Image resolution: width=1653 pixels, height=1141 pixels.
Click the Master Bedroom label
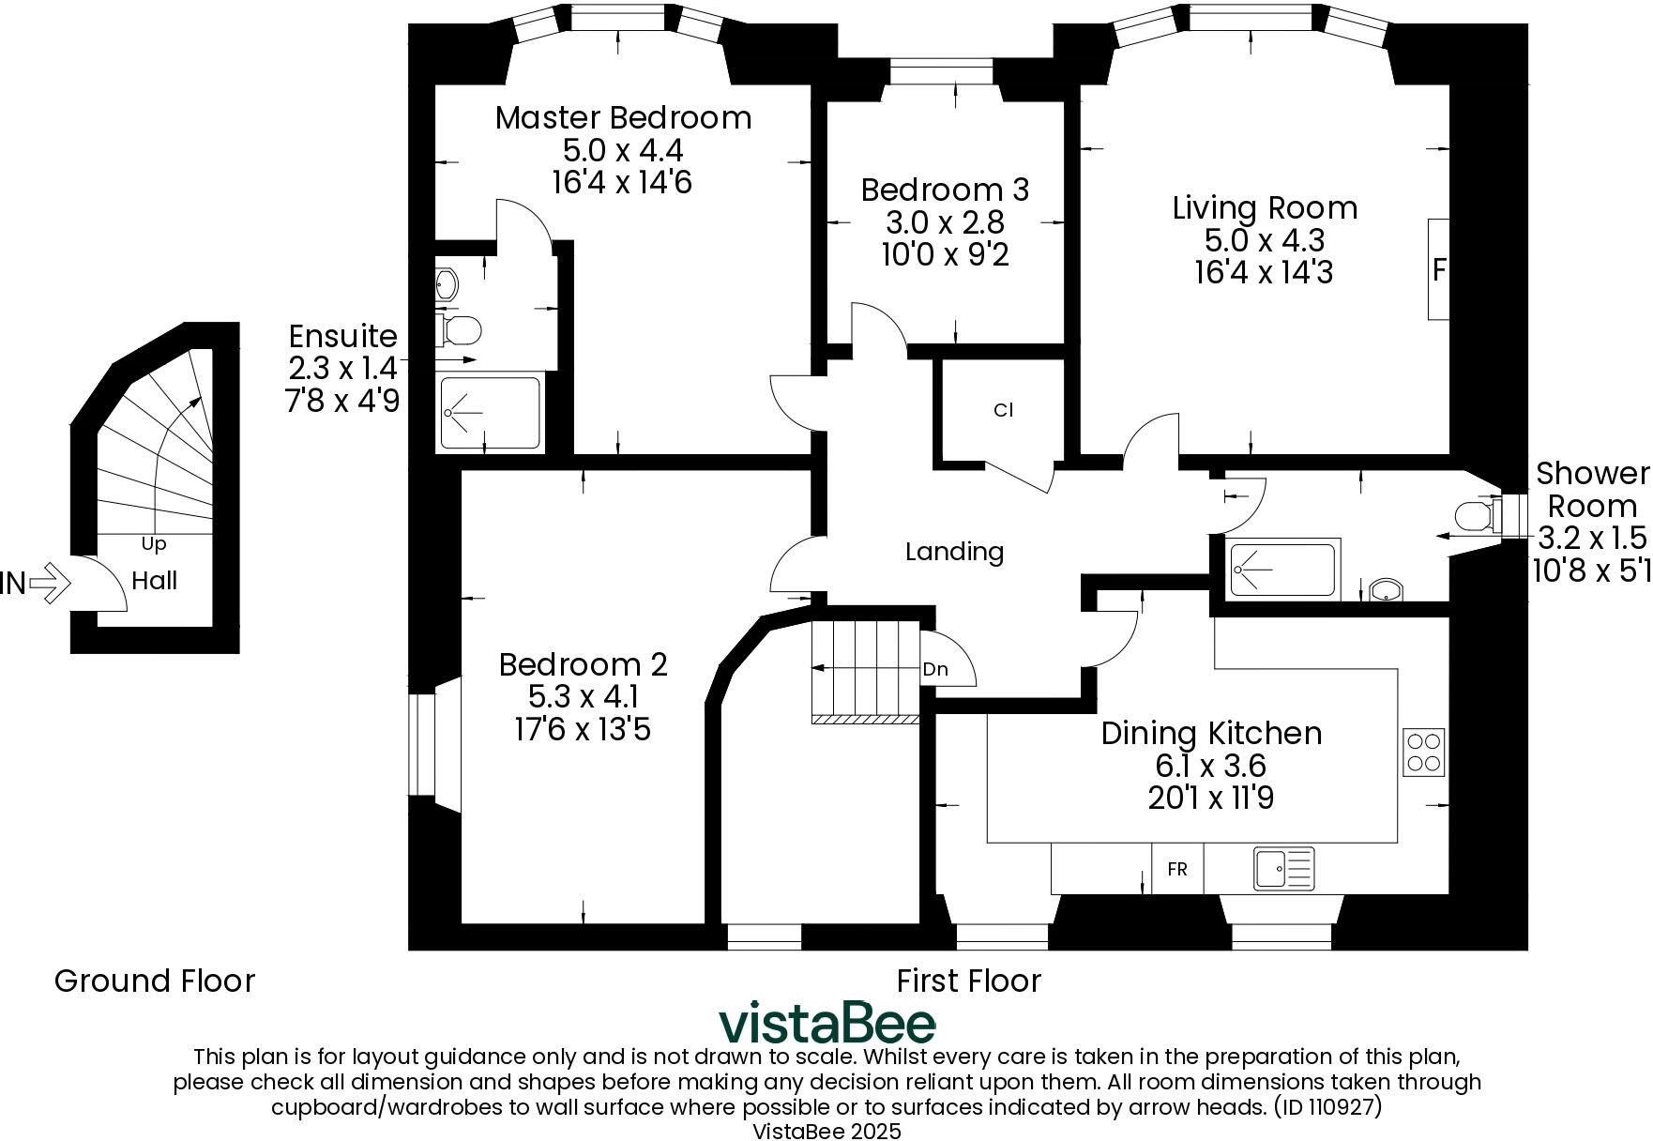pyautogui.click(x=623, y=118)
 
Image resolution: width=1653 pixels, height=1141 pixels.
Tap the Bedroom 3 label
pyautogui.click(x=945, y=190)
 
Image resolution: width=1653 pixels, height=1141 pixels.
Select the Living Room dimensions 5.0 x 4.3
pyautogui.click(x=1264, y=240)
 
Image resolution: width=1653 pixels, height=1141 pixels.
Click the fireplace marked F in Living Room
pyautogui.click(x=1438, y=270)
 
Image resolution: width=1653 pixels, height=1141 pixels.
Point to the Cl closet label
pyautogui.click(x=1003, y=410)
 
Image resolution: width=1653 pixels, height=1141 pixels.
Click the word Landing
pyautogui.click(x=954, y=552)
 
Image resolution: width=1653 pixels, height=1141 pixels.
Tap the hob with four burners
pyautogui.click(x=1423, y=752)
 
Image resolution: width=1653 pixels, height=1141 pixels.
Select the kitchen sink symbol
pyautogui.click(x=1283, y=868)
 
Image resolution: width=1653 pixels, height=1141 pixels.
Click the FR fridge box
pyautogui.click(x=1176, y=869)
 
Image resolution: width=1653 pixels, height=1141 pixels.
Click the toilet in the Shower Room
pyautogui.click(x=1473, y=516)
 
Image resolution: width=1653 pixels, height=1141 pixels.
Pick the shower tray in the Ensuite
pyautogui.click(x=490, y=413)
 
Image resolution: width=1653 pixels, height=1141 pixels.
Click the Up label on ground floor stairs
pyautogui.click(x=154, y=543)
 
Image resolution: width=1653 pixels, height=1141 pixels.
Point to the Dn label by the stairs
pyautogui.click(x=935, y=669)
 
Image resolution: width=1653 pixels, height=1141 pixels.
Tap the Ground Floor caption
pyautogui.click(x=155, y=981)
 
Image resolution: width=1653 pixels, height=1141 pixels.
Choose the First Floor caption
pyautogui.click(x=968, y=981)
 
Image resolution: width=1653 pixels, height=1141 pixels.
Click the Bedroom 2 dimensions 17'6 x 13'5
pyautogui.click(x=583, y=729)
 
